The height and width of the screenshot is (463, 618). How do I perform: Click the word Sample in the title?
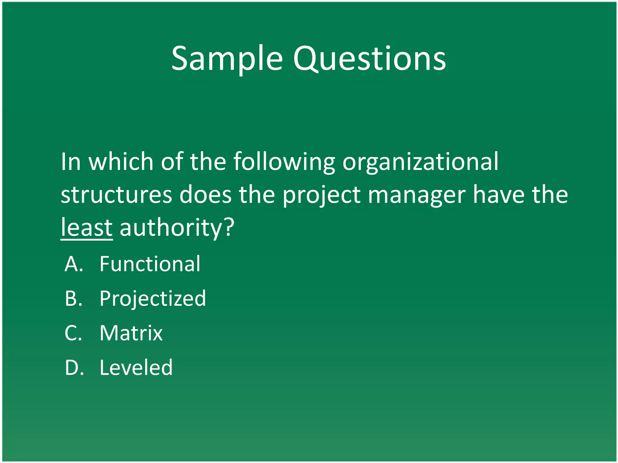(227, 59)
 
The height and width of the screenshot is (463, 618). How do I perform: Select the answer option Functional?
(150, 264)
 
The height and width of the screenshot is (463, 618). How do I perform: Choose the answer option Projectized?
(153, 299)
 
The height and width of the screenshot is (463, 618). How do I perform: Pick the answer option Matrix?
(131, 333)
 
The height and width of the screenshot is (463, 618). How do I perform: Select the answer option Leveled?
(136, 368)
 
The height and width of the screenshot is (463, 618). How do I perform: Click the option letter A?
(73, 264)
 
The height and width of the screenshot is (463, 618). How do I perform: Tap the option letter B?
(73, 299)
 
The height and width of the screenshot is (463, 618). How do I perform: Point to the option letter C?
(73, 333)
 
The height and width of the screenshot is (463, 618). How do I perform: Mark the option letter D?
(74, 368)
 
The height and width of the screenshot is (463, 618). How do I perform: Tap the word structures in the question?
(116, 195)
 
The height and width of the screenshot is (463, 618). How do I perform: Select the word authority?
(171, 228)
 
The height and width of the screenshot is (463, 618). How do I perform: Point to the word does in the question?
(205, 195)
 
